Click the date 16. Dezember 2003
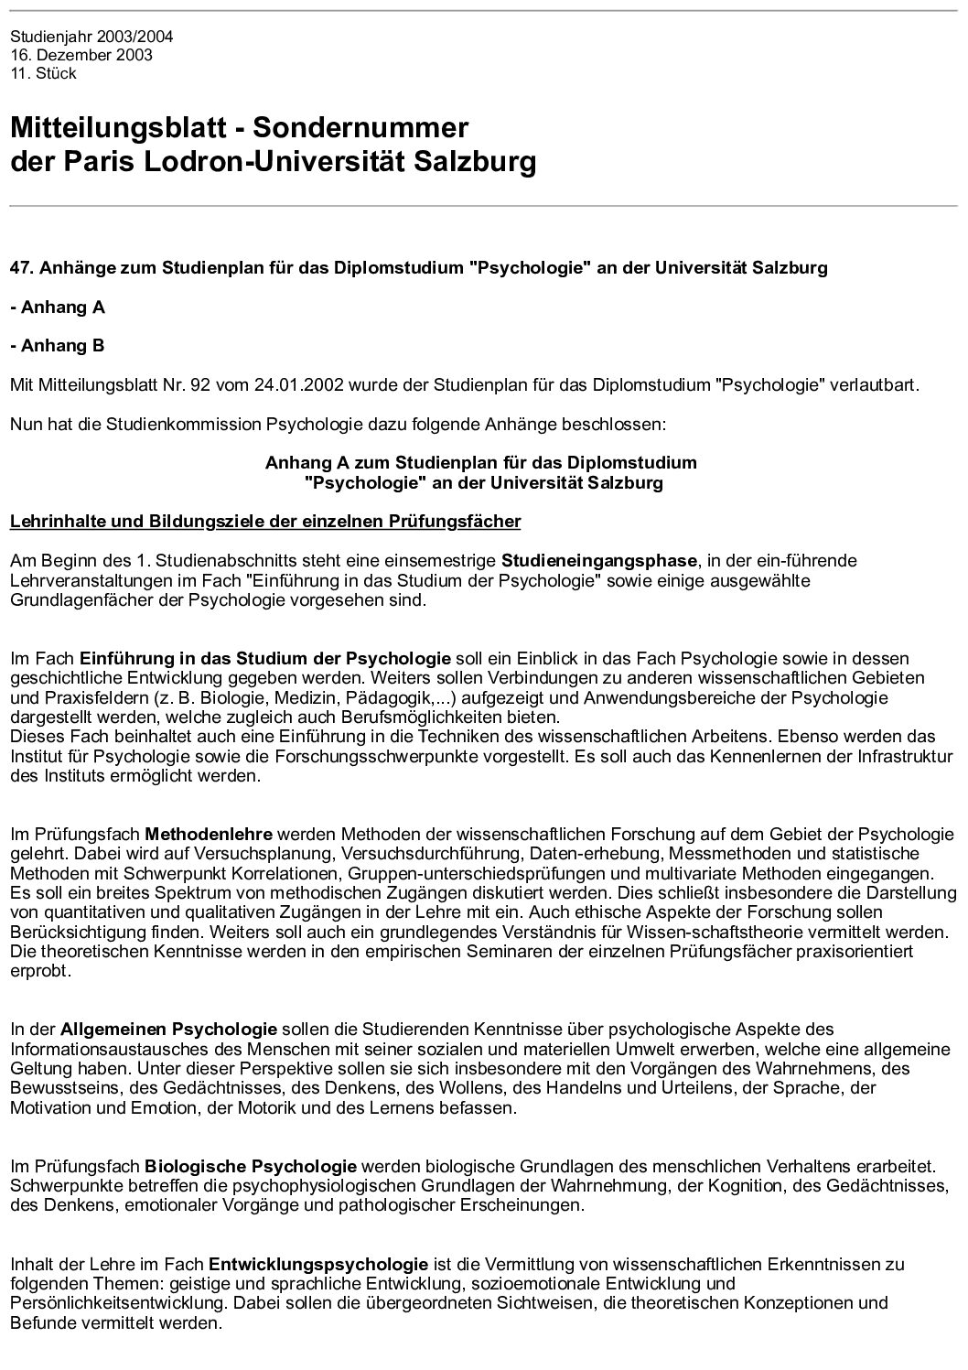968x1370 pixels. coord(81,55)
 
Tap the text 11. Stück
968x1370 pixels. coord(43,73)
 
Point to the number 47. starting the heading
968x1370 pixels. coord(22,268)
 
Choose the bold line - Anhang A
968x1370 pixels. coord(58,307)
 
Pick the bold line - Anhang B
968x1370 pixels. coord(58,346)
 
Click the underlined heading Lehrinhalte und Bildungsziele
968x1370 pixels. coord(265,522)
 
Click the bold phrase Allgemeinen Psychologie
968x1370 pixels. coord(169,1030)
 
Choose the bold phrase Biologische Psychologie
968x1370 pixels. coord(251,1167)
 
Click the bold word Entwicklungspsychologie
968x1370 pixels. coord(318,1264)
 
